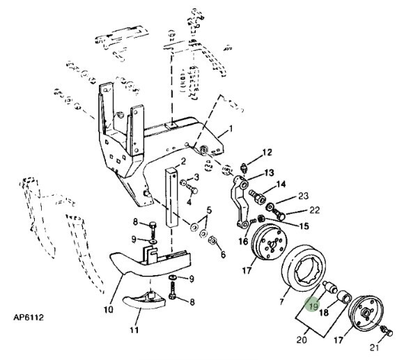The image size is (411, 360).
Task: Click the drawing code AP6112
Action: [29, 318]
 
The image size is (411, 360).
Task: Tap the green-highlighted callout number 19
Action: [313, 306]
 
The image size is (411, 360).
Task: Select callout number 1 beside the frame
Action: [231, 129]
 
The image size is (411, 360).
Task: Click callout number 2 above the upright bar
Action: [183, 161]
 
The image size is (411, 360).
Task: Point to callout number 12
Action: [267, 152]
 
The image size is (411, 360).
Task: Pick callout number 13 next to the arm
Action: [269, 173]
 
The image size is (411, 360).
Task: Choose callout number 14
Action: [281, 185]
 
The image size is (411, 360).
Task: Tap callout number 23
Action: [303, 196]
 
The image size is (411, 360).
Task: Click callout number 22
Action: [314, 210]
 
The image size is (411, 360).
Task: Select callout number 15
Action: [304, 226]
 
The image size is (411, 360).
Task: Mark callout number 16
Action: [243, 242]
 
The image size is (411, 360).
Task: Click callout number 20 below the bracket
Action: [302, 340]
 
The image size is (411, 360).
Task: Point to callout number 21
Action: [374, 347]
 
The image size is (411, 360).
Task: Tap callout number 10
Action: [109, 309]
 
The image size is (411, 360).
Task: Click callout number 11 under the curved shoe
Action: [134, 330]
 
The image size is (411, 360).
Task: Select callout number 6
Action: [223, 254]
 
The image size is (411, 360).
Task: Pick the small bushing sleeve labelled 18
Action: [344, 297]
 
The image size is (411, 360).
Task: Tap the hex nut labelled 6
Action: [212, 240]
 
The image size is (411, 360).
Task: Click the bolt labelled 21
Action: [387, 331]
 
